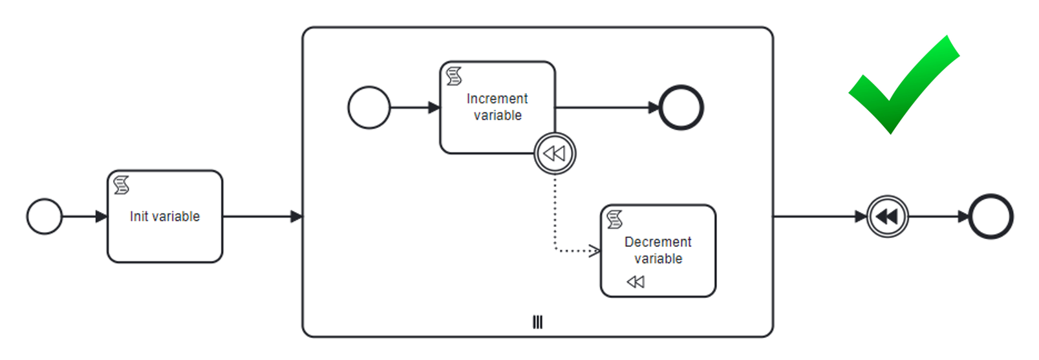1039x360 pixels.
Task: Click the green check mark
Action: (903, 87)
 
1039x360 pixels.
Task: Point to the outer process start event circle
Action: (45, 217)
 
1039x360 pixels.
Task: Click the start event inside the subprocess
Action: (369, 108)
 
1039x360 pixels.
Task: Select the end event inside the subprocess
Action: (681, 108)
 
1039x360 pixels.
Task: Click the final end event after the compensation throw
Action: (991, 217)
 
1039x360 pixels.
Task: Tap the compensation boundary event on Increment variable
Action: (555, 153)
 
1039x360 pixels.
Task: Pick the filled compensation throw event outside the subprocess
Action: (887, 217)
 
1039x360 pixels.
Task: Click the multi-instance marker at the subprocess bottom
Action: (537, 322)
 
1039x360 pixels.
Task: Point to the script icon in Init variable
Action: (122, 185)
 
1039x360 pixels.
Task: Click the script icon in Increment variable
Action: (454, 76)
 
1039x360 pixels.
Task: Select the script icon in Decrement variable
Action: (615, 220)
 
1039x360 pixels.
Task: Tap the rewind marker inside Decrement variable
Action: (636, 282)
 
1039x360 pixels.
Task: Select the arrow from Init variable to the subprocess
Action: (262, 217)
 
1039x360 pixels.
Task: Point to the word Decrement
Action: (658, 242)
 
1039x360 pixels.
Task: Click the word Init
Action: (138, 217)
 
